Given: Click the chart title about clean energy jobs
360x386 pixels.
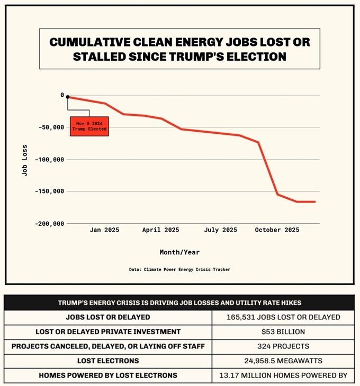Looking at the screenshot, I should click(x=179, y=49).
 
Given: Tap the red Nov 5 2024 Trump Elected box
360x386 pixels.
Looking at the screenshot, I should click(x=89, y=126).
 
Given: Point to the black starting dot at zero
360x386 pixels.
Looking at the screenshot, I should click(x=68, y=97).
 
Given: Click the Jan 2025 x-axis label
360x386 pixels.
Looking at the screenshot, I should click(x=104, y=230).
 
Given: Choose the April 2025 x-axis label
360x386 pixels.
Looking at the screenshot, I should click(x=161, y=230).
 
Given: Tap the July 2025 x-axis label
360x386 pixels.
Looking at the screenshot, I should click(x=220, y=230).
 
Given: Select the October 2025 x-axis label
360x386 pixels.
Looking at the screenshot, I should click(x=277, y=230).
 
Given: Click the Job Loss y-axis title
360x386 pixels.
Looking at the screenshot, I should click(x=25, y=160).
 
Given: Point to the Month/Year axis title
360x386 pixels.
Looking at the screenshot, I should click(x=179, y=252).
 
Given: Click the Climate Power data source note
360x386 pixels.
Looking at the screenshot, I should click(x=179, y=270).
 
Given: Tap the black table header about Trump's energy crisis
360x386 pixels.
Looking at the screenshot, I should click(x=179, y=302).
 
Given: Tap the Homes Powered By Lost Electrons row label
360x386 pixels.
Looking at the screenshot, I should click(x=107, y=375).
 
